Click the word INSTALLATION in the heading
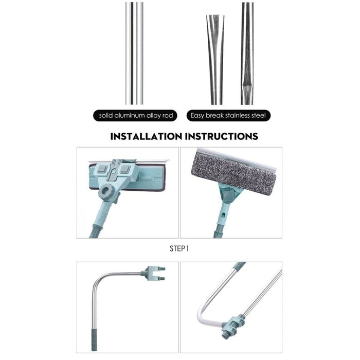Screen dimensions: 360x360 [x=146, y=136]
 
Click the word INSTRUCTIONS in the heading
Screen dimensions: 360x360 [x=222, y=136]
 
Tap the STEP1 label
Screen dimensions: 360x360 [x=179, y=248]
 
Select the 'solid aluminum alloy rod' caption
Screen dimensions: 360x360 [x=136, y=115]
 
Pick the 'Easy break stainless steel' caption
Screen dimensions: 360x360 [x=228, y=115]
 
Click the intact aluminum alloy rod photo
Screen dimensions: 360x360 [x=134, y=53]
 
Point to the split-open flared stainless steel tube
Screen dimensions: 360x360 [x=215, y=60]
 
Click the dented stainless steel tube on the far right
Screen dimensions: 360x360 [x=247, y=53]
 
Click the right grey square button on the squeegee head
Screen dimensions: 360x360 [x=124, y=169]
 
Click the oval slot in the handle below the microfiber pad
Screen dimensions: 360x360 [x=223, y=215]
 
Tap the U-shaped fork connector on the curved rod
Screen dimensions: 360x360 [x=153, y=274]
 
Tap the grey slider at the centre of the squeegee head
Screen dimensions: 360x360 [x=113, y=172]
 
